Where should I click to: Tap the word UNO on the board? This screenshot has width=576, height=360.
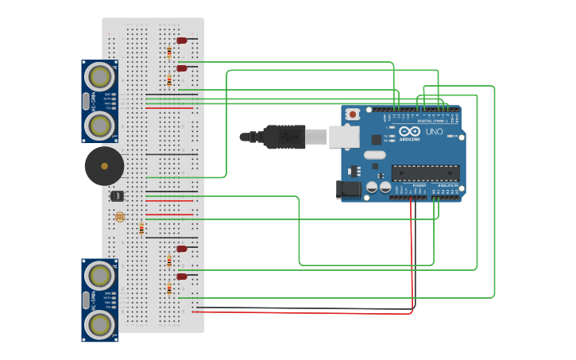point(435,132)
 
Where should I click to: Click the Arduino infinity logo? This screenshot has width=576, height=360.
point(410,131)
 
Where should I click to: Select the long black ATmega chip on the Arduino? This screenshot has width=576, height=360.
point(425,172)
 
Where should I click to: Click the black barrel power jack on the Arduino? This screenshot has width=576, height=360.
point(348,189)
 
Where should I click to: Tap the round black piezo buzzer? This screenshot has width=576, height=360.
point(104,166)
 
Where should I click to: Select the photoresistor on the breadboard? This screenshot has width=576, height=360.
point(120,216)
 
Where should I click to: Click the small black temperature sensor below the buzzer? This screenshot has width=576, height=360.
point(117,195)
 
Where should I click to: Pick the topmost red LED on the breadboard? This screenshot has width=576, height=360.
point(182,41)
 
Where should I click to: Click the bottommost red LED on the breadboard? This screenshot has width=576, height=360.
point(182,277)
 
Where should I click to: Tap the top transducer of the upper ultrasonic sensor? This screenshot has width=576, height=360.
point(100,77)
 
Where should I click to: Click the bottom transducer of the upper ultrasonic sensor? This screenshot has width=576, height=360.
point(100,125)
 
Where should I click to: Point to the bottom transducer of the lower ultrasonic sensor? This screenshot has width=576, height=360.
point(100,323)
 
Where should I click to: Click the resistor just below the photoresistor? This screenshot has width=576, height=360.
point(141,229)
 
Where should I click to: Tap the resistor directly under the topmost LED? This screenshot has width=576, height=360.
point(169,52)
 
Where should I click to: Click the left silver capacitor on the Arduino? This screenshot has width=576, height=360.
point(371,188)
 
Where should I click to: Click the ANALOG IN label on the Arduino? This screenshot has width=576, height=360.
point(446,185)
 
